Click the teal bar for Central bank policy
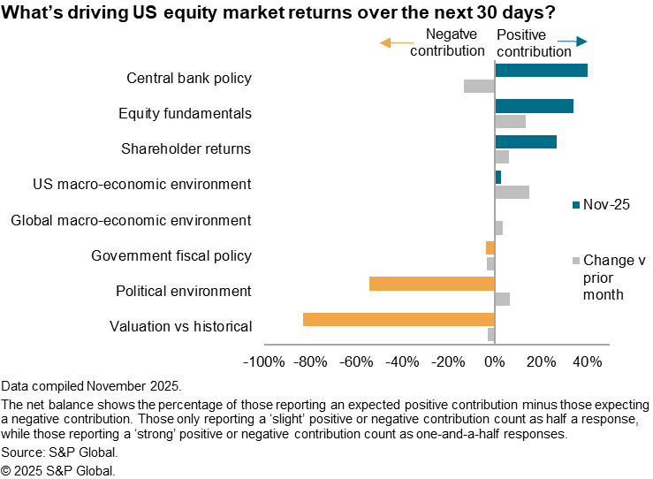541,71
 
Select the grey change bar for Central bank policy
479,86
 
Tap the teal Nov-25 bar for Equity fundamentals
534,106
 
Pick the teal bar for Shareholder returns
526,141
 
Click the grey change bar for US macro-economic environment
512,192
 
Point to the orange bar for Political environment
431,284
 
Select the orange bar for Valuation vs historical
399,319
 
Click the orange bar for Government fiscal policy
490,247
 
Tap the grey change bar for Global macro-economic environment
498,228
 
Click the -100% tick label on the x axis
264,361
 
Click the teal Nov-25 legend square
576,205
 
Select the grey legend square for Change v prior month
576,261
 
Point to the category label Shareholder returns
186,148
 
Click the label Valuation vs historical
180,326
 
